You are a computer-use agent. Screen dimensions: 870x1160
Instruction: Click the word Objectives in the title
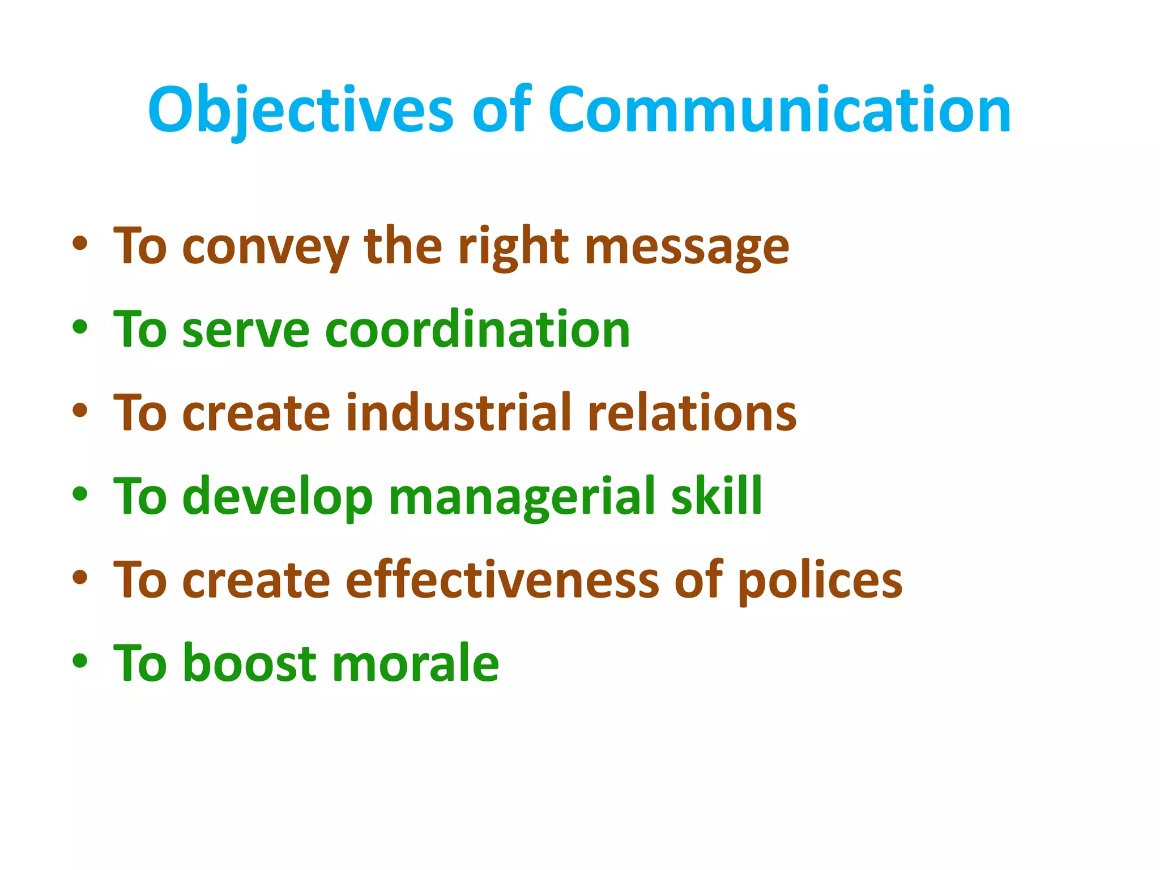click(300, 110)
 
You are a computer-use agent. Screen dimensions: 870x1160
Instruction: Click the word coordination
click(477, 330)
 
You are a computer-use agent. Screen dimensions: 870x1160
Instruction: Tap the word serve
click(246, 331)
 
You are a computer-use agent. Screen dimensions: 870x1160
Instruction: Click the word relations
click(692, 413)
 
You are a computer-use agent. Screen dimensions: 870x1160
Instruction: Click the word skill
click(717, 496)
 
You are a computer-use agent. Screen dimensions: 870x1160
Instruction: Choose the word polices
click(820, 581)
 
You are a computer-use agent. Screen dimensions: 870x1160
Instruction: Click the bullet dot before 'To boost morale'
click(80, 660)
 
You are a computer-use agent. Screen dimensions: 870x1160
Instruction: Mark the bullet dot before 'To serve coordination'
click(80, 327)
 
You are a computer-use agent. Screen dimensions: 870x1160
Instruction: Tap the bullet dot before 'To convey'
click(80, 244)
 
